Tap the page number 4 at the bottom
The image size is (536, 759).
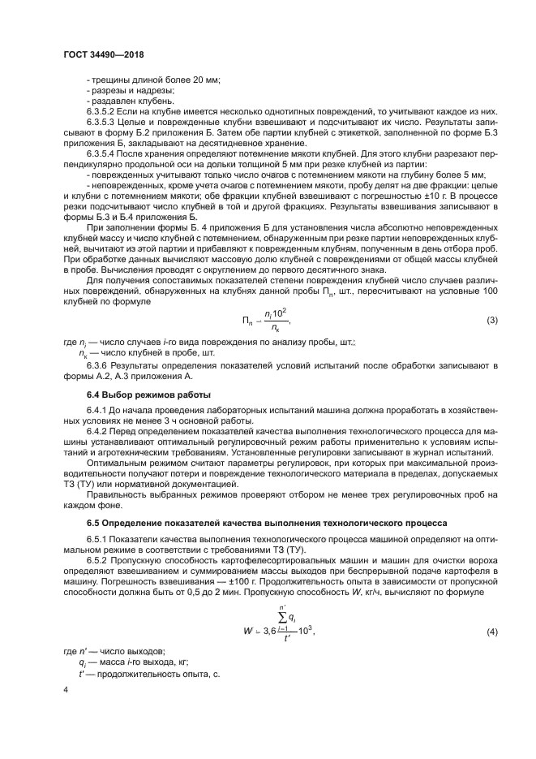pos(66,690)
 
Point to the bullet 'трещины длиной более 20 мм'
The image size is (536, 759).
pos(153,79)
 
